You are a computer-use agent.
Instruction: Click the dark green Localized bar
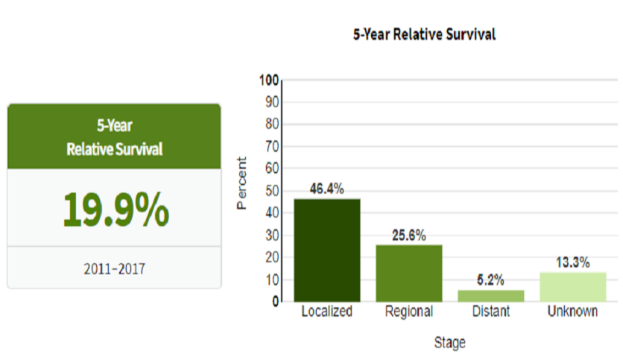pos(327,250)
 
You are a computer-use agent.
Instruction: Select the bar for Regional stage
pos(409,273)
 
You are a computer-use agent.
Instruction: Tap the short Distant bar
pos(491,296)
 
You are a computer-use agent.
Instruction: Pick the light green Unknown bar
pos(572,287)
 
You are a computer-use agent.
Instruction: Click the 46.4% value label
pos(327,189)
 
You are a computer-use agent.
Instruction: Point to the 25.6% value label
pos(409,236)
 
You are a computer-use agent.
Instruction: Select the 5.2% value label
pos(491,281)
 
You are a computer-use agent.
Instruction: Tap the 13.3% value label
pos(572,262)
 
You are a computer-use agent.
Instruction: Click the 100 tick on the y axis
pos(269,80)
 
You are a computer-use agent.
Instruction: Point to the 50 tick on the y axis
pos(271,191)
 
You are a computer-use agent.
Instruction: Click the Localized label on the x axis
pos(326,312)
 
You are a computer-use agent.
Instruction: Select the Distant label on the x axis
pos(491,312)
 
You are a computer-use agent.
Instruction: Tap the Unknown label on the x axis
pos(572,312)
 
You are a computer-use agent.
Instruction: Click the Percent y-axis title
pos(241,183)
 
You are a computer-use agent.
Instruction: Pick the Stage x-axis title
pos(449,343)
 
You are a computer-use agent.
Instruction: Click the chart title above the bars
pos(424,34)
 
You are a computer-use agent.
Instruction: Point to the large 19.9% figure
pos(115,210)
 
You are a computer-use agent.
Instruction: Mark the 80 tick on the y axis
pos(271,124)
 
